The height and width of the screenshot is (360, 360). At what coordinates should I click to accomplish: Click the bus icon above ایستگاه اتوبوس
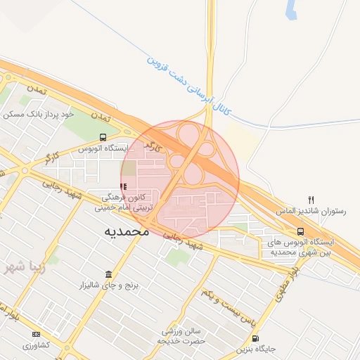(x=103, y=138)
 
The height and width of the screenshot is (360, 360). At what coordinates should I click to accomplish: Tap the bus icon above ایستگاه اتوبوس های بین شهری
(x=301, y=231)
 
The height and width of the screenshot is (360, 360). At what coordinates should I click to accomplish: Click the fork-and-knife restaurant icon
(x=311, y=200)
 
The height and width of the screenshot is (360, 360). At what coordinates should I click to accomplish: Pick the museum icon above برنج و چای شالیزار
(x=108, y=274)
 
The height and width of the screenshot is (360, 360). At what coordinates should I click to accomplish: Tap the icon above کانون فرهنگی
(x=124, y=187)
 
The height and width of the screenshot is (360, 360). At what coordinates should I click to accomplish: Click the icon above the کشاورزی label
(x=36, y=334)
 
